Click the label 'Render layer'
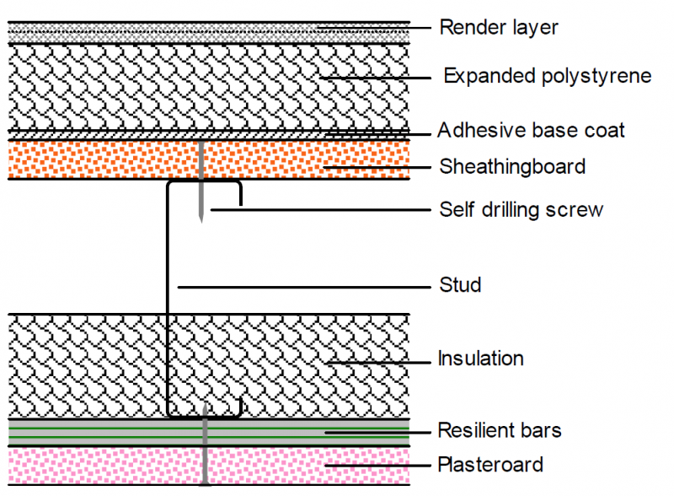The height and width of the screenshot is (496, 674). pyautogui.click(x=499, y=28)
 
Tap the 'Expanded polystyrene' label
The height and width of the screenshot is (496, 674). pyautogui.click(x=548, y=76)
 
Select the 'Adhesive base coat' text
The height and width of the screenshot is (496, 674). pyautogui.click(x=531, y=130)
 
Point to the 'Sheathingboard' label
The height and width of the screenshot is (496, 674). pyautogui.click(x=512, y=167)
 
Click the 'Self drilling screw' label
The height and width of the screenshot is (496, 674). pyautogui.click(x=522, y=210)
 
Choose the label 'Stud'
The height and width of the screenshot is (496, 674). pyautogui.click(x=460, y=284)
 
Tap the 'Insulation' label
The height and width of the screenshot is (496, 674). pyautogui.click(x=480, y=359)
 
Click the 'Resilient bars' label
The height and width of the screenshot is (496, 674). pyautogui.click(x=500, y=430)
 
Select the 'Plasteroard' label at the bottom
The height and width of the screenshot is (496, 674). pyautogui.click(x=490, y=465)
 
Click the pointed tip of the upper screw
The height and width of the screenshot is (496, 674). pyautogui.click(x=201, y=223)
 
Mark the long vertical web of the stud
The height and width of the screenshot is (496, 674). pyautogui.click(x=168, y=297)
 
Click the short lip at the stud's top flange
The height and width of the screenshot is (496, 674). pyautogui.click(x=241, y=195)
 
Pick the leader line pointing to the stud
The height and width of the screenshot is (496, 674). pyautogui.click(x=304, y=287)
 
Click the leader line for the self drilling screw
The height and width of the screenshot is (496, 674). pyautogui.click(x=321, y=210)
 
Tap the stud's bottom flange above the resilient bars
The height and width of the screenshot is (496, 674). pyautogui.click(x=204, y=417)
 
